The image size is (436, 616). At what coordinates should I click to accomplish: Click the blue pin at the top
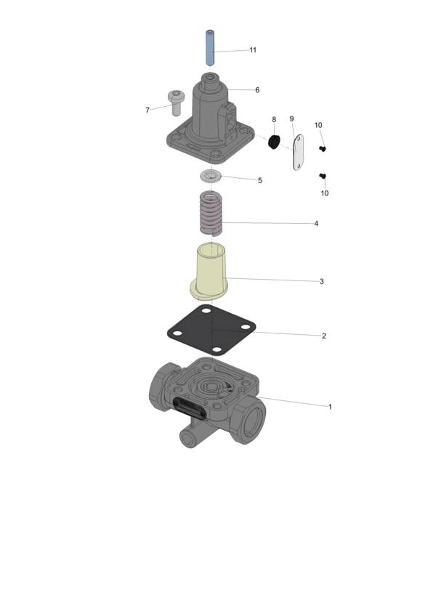tap(209, 48)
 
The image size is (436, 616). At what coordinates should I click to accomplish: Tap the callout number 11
tap(253, 50)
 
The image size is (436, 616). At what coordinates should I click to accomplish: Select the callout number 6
tap(257, 90)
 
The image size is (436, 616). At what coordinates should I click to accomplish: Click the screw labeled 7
tap(176, 101)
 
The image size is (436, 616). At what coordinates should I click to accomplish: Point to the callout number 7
tap(148, 110)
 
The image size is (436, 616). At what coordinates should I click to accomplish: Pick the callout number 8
tap(274, 119)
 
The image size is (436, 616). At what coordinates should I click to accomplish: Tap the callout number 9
tap(291, 118)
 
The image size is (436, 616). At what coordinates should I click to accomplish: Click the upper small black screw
tap(323, 149)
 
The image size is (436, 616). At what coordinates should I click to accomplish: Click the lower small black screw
tap(323, 176)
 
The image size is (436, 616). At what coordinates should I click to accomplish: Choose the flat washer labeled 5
tap(211, 176)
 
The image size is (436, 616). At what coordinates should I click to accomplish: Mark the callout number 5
tap(260, 180)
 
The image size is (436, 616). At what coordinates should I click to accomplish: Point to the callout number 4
tap(316, 224)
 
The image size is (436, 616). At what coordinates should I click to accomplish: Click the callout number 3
tap(321, 281)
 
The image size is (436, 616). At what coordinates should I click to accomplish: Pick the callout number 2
tap(323, 336)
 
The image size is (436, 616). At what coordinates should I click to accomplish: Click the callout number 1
tap(330, 407)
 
